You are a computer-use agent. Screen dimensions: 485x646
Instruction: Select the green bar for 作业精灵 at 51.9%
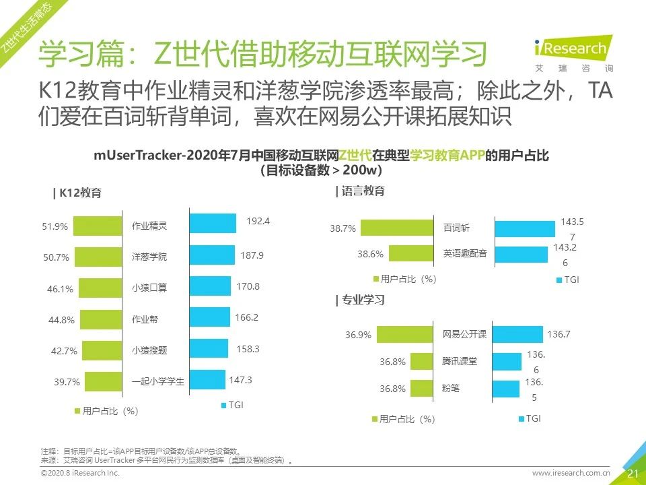click(x=98, y=226)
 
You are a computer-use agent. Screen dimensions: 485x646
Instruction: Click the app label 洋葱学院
click(x=149, y=257)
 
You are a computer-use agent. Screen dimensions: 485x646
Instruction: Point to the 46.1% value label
click(x=60, y=289)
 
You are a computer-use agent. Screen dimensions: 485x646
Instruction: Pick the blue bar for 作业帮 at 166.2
click(x=210, y=317)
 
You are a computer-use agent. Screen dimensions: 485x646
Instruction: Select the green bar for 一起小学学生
click(x=102, y=381)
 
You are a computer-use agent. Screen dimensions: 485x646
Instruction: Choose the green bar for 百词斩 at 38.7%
click(x=397, y=228)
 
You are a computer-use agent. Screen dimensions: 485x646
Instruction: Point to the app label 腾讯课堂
click(x=460, y=361)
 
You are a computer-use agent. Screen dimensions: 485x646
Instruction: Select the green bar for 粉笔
click(x=421, y=388)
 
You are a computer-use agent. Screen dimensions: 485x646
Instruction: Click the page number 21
click(x=633, y=474)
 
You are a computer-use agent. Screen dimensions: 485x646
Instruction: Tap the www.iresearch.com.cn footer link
click(x=571, y=474)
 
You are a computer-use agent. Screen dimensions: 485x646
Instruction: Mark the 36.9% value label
click(x=358, y=335)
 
